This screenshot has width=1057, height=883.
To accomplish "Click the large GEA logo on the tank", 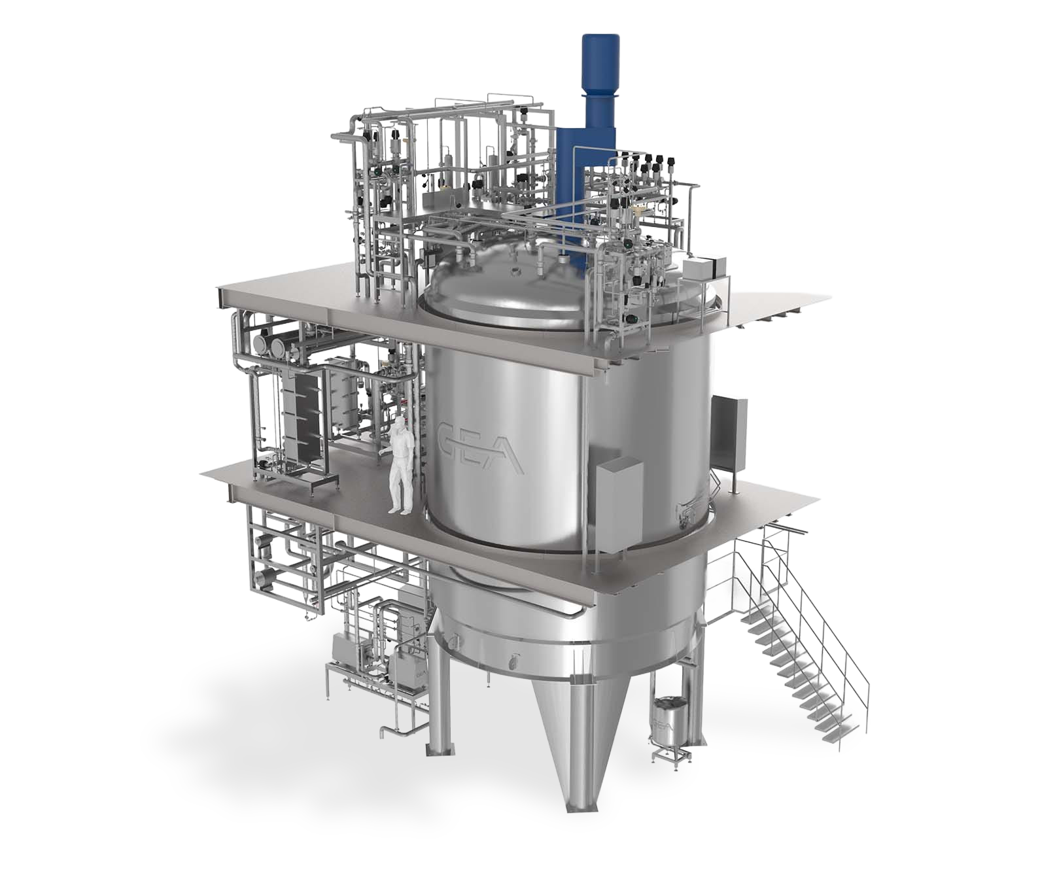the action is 479,447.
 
